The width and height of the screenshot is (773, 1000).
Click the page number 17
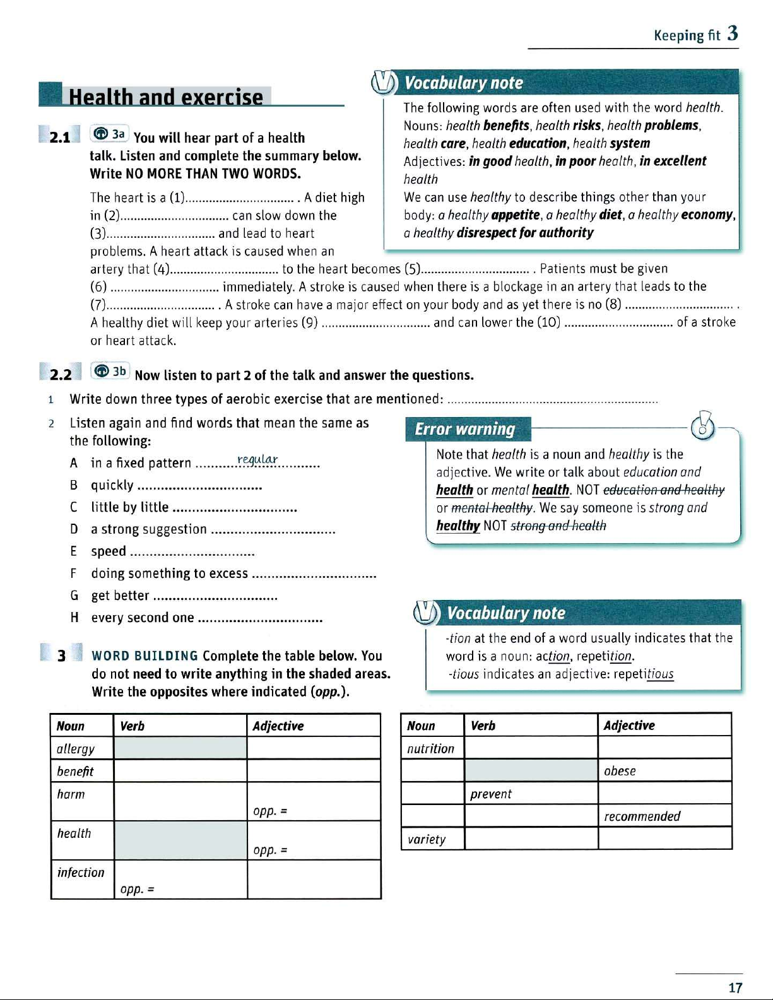[x=735, y=987]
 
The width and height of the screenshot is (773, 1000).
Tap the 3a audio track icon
[x=110, y=134]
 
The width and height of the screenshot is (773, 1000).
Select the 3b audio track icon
[x=110, y=371]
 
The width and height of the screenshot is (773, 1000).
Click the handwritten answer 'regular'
[x=257, y=459]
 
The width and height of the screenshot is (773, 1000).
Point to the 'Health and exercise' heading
[x=165, y=97]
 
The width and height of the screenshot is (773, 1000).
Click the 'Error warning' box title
[x=465, y=429]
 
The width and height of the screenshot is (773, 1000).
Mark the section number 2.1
[x=60, y=137]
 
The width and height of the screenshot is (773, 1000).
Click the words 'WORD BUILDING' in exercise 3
[x=145, y=656]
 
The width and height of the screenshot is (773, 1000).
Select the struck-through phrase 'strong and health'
[x=558, y=526]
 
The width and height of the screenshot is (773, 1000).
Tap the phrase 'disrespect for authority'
[x=525, y=233]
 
